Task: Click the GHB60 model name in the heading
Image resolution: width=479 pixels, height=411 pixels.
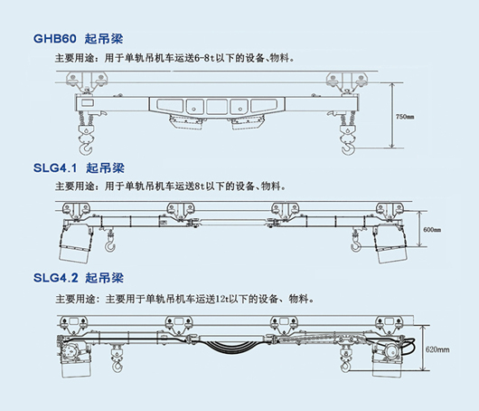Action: [55, 39]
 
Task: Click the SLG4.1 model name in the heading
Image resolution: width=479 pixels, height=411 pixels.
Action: [55, 167]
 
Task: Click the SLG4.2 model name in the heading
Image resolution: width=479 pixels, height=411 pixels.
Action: [56, 278]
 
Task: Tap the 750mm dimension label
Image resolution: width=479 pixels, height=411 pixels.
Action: [405, 117]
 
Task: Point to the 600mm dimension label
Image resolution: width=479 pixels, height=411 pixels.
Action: [432, 230]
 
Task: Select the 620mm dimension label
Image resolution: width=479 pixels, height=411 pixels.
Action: [437, 349]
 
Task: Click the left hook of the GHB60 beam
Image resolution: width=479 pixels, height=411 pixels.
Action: [86, 148]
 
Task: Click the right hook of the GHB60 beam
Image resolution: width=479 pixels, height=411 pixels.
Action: [348, 148]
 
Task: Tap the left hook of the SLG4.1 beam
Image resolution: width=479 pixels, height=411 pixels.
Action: [110, 246]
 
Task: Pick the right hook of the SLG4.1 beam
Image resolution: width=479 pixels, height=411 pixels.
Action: [355, 246]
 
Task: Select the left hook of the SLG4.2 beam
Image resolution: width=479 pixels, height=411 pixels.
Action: [117, 366]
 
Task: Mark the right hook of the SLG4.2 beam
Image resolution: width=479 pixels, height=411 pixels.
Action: [345, 366]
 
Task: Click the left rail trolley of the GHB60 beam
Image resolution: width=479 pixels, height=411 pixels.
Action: [87, 81]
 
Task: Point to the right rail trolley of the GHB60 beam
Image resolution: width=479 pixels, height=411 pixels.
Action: [347, 81]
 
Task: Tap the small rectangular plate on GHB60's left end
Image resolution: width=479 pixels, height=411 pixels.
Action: [87, 102]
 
